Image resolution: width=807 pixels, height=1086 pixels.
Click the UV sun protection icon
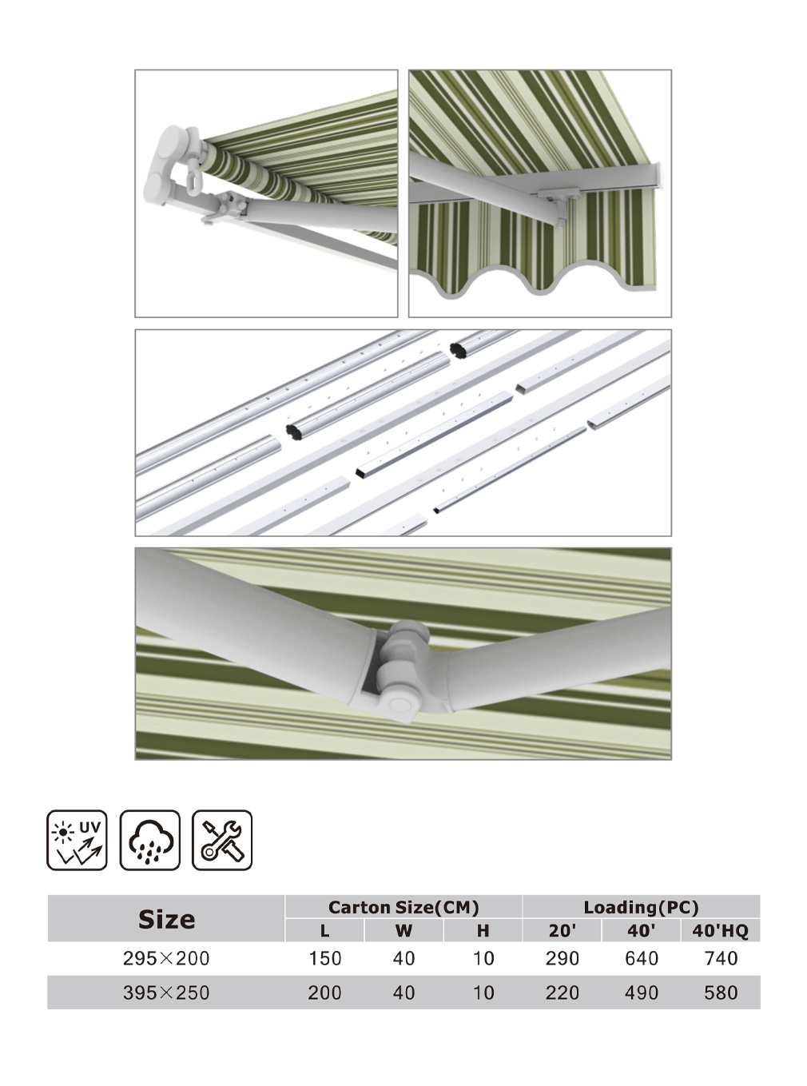(x=77, y=840)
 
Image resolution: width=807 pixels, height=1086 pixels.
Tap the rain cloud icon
(x=150, y=840)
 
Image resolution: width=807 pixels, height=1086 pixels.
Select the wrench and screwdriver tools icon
(x=222, y=840)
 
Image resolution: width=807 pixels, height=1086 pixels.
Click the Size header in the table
(x=166, y=919)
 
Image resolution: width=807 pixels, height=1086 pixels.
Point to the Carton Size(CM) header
(x=403, y=907)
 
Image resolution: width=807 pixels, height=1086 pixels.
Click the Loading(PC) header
(x=641, y=907)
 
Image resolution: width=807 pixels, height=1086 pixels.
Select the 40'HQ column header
(x=721, y=930)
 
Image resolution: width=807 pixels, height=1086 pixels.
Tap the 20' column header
(x=563, y=930)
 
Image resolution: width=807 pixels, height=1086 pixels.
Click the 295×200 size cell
(x=166, y=958)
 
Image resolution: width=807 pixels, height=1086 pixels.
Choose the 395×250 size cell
(x=166, y=993)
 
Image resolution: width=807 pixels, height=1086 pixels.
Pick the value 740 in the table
(x=721, y=958)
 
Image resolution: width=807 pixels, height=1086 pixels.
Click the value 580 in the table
(x=721, y=993)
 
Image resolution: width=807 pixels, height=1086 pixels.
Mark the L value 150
(x=324, y=958)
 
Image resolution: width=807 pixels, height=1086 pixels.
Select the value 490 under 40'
(x=642, y=993)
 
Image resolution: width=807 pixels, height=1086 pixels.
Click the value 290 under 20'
(x=563, y=958)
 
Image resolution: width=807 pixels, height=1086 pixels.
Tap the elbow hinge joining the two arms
(x=400, y=670)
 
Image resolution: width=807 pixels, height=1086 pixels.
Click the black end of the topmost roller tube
(x=457, y=350)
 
